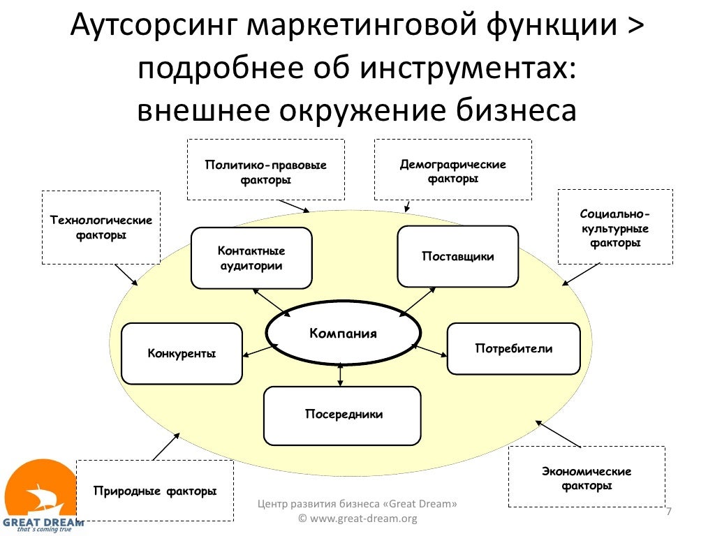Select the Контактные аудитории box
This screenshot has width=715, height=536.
(251, 258)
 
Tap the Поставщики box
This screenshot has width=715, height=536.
(457, 256)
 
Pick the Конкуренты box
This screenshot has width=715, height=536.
(182, 353)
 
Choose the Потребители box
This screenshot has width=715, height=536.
(513, 348)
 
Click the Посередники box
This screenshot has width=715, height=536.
(342, 415)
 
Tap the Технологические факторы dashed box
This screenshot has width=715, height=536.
(101, 228)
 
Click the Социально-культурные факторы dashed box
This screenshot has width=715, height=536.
(615, 228)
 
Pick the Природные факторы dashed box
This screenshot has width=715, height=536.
(154, 491)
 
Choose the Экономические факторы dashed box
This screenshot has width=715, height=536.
(587, 477)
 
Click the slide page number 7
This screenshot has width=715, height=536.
(669, 513)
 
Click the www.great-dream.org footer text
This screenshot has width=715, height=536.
(357, 519)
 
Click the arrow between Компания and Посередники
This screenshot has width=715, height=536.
(340, 375)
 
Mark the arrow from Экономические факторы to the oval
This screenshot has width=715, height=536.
(558, 433)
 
